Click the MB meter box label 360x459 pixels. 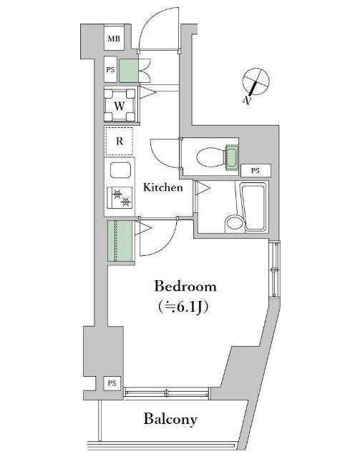click(x=114, y=39)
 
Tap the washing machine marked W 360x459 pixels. click(x=120, y=105)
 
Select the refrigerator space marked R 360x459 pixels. click(x=120, y=141)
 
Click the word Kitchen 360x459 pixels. click(x=163, y=187)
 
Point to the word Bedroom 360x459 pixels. click(x=185, y=286)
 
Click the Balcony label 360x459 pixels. click(x=170, y=419)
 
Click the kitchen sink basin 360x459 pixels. click(x=120, y=170)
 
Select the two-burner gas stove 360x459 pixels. click(x=120, y=197)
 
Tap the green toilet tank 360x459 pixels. click(x=231, y=157)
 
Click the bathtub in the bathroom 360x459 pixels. click(x=254, y=207)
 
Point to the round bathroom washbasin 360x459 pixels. click(x=235, y=224)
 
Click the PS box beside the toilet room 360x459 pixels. click(x=256, y=170)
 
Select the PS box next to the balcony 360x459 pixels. click(x=112, y=383)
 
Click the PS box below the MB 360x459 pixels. click(x=110, y=69)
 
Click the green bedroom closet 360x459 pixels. click(x=120, y=241)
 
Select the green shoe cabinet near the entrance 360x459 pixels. click(x=128, y=71)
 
